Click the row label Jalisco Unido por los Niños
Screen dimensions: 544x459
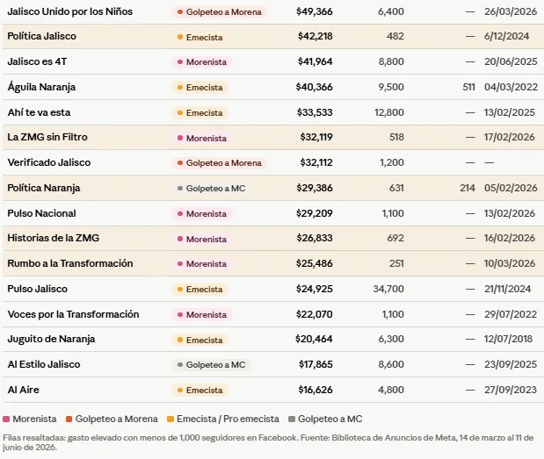69,11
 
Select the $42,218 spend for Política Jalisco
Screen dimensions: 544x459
315,36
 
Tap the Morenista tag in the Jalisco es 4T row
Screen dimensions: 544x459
202,62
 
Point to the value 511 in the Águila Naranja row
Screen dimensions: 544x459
468,87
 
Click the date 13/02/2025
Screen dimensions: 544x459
510,112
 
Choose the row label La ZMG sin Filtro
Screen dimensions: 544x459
47,137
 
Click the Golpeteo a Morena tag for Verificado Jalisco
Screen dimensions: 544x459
219,163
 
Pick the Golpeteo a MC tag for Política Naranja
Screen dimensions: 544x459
211,189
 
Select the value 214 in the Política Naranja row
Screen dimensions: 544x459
468,188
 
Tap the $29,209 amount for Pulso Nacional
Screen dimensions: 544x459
315,213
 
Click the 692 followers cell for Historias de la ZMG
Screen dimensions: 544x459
395,238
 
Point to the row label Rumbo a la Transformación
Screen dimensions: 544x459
70,263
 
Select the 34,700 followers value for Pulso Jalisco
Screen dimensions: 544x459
388,289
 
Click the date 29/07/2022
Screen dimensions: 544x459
511,314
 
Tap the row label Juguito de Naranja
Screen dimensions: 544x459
51,339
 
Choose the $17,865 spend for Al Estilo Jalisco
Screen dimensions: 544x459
316,364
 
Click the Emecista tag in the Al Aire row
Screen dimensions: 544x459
199,391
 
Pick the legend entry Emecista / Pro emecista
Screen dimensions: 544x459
223,419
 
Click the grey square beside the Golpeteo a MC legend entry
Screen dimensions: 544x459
292,420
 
